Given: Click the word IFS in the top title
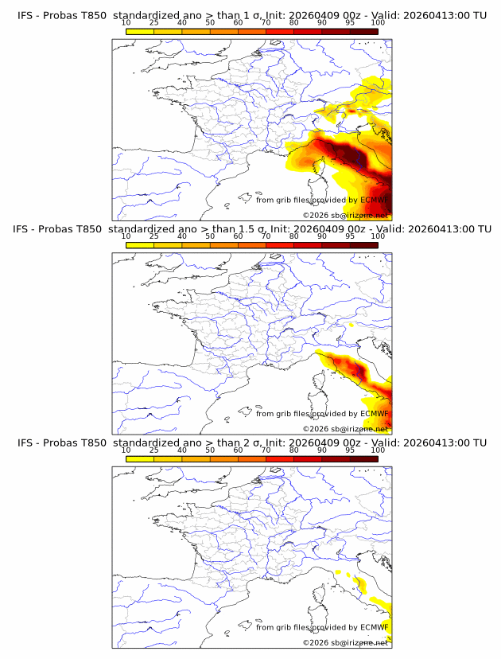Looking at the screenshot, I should [x=25, y=14].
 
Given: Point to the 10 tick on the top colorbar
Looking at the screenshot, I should [x=126, y=22].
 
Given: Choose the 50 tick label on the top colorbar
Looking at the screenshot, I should [x=210, y=22].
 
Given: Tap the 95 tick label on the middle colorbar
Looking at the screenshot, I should [x=350, y=236].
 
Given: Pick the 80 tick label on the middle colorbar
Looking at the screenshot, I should [x=294, y=236].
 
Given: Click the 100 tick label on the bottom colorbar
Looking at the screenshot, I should [x=378, y=450].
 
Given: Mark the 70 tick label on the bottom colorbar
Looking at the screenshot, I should [x=266, y=450].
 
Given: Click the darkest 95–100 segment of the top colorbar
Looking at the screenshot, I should [x=363, y=31].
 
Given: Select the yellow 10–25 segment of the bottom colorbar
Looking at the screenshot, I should [x=140, y=459].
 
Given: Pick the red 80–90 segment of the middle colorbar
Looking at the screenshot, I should [x=308, y=245].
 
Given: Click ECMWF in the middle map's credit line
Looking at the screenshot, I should [x=374, y=414].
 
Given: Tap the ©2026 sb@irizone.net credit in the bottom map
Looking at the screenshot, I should [x=345, y=642].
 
